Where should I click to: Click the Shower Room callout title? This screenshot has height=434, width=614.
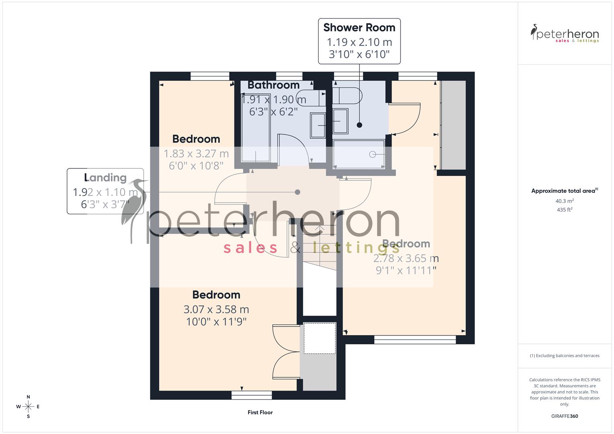click(x=359, y=28)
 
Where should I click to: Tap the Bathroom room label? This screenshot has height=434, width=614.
click(x=273, y=85)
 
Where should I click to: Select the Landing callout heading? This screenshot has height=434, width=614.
click(x=105, y=178)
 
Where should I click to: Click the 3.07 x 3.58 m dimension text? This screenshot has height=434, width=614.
click(x=216, y=309)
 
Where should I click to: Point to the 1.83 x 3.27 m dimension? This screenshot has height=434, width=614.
click(x=196, y=154)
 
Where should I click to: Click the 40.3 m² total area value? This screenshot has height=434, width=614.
click(x=565, y=201)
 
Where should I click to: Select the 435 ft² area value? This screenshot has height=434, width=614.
click(x=565, y=210)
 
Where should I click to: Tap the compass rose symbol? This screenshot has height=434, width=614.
click(x=28, y=407)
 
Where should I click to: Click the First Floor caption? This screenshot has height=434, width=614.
click(x=260, y=412)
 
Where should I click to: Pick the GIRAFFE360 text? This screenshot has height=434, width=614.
click(x=565, y=416)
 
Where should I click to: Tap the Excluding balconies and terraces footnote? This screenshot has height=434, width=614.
click(x=565, y=356)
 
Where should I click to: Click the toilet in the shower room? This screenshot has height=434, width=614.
click(x=348, y=96)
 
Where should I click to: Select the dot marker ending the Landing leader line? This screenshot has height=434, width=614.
click(x=298, y=192)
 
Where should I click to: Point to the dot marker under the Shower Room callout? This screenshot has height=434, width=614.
click(x=359, y=125)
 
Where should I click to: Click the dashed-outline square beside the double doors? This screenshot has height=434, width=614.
click(x=320, y=338)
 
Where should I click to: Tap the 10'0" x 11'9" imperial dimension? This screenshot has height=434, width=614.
click(x=216, y=322)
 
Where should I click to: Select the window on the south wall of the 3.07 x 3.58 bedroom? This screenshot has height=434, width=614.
click(x=252, y=395)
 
